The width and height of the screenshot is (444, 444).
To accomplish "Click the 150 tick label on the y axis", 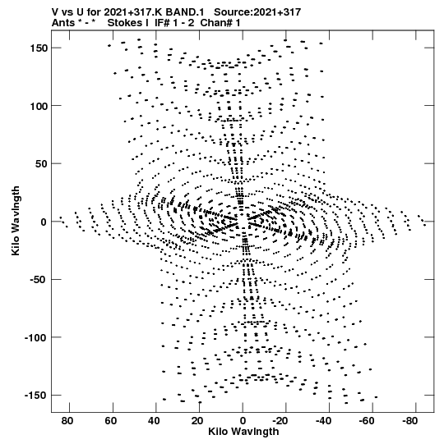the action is tap(39, 48).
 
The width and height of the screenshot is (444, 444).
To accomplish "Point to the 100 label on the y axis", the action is tap(39, 106).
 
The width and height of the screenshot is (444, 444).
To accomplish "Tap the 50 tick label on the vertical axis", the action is tap(41, 163).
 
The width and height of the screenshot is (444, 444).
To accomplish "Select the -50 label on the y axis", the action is tap(39, 280).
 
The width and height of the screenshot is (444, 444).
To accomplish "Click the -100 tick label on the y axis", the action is tap(35, 337).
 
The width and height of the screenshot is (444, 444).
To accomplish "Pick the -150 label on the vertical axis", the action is tap(35, 396).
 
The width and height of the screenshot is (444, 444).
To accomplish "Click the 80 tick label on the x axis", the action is tap(67, 421).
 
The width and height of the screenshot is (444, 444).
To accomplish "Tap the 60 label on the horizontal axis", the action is tap(111, 421).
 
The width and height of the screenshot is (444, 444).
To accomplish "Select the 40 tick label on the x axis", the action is tap(154, 421).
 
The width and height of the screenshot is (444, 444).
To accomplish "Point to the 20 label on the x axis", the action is tap(197, 421).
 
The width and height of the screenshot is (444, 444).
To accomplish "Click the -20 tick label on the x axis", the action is tap(280, 421).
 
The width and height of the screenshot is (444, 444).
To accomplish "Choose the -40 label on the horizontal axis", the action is tap(324, 421).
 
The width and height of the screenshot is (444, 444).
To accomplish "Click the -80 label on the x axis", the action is tap(410, 421).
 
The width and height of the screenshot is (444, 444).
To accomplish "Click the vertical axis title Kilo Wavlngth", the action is tap(16, 221).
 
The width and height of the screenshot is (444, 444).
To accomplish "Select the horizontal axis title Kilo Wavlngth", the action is tap(243, 432).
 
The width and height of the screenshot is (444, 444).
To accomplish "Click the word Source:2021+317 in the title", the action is tap(257, 12).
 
